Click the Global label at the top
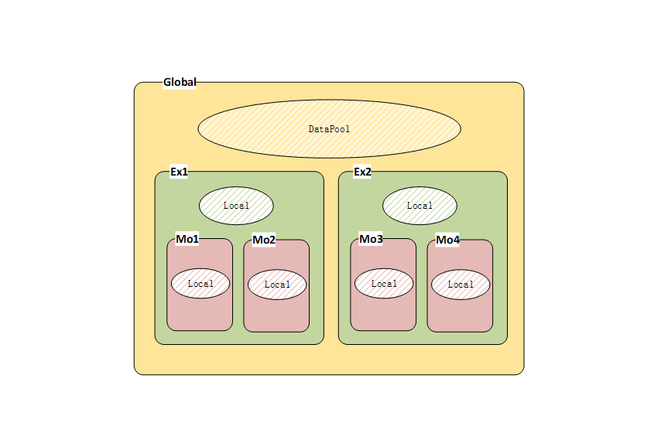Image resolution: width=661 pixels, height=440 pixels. pyautogui.click(x=180, y=82)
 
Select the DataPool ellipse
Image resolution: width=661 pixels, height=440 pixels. pyautogui.click(x=329, y=129)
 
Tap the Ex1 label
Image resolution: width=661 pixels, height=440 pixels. pyautogui.click(x=179, y=172)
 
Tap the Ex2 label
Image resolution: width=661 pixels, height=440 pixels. pyautogui.click(x=362, y=172)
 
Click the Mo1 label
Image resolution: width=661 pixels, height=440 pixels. pyautogui.click(x=187, y=239)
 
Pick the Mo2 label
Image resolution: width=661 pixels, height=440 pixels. pyautogui.click(x=264, y=240)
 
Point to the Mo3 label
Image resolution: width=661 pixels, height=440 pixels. pyautogui.click(x=371, y=239)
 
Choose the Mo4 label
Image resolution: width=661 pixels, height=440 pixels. pyautogui.click(x=447, y=240)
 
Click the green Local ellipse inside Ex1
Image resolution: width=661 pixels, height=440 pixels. pyautogui.click(x=236, y=206)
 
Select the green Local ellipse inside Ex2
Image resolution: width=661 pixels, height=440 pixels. pyautogui.click(x=420, y=206)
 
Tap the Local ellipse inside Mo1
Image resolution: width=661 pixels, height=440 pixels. pyautogui.click(x=200, y=283)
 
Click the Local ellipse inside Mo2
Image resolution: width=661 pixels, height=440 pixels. pyautogui.click(x=277, y=285)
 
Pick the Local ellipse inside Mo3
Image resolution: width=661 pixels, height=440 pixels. pyautogui.click(x=384, y=283)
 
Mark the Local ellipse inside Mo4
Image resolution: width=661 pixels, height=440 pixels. pyautogui.click(x=461, y=285)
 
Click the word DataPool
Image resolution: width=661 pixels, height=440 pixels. pyautogui.click(x=329, y=129)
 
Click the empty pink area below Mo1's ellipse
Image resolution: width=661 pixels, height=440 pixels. pyautogui.click(x=200, y=314)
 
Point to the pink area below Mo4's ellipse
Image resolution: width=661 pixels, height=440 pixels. pyautogui.click(x=460, y=316)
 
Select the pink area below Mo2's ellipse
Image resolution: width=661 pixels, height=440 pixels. pyautogui.click(x=276, y=316)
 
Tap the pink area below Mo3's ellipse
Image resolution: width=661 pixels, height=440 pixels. pyautogui.click(x=383, y=314)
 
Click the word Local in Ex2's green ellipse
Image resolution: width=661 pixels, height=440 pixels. pyautogui.click(x=420, y=206)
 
